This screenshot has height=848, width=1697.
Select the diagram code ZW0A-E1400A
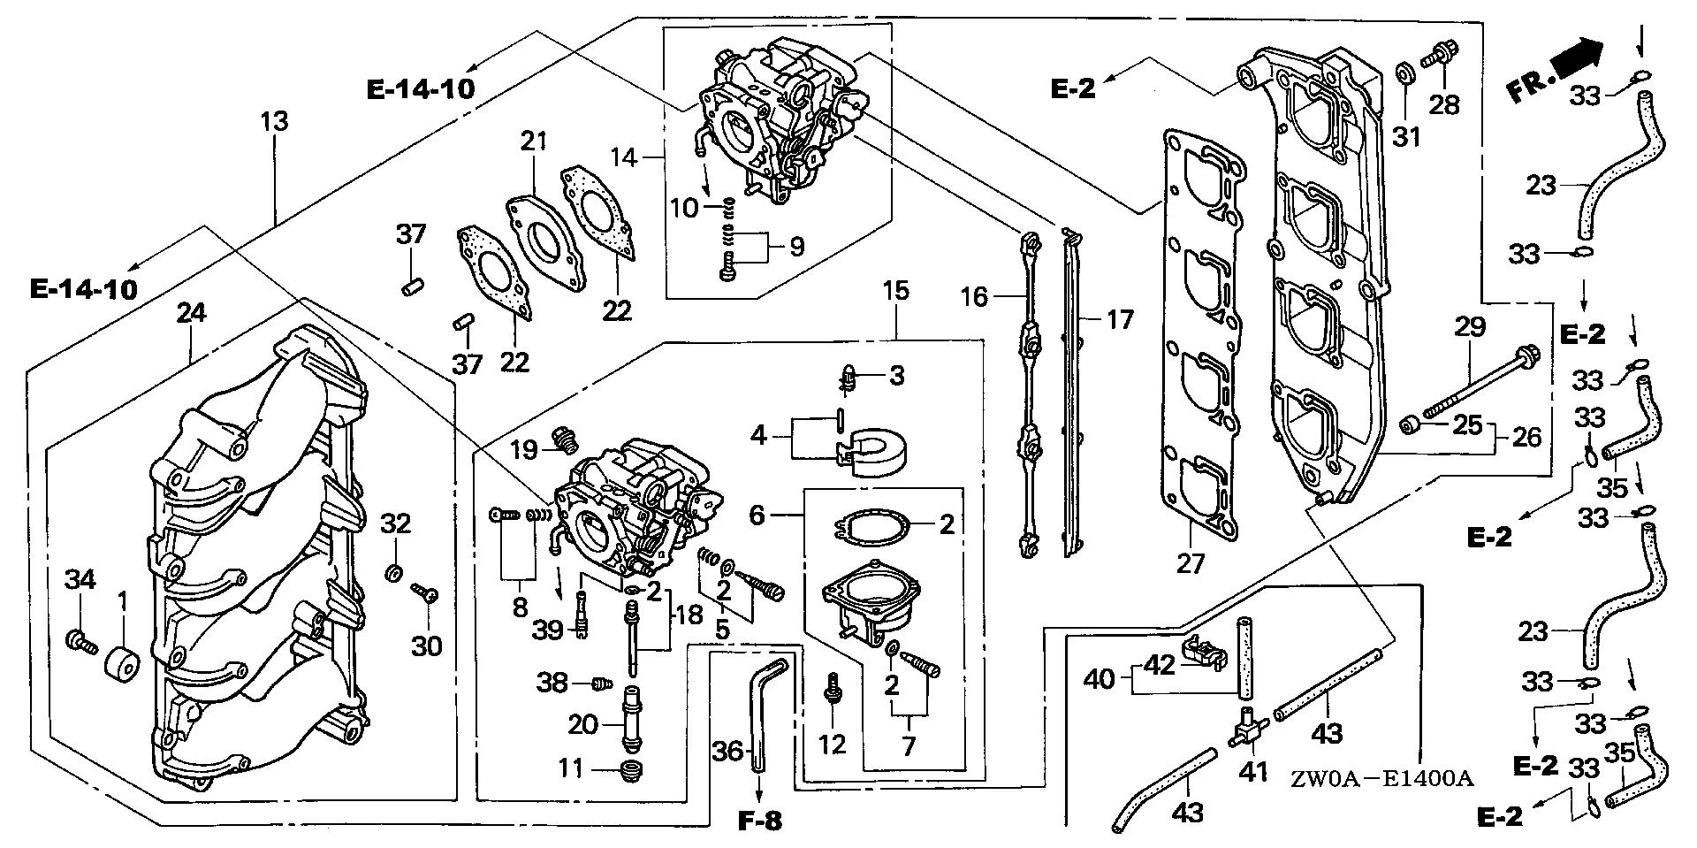point(1381,779)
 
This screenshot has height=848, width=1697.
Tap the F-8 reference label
point(759,821)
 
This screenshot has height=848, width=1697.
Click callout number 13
point(275,121)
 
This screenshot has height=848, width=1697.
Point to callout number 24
point(191,312)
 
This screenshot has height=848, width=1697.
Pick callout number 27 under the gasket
point(1191,562)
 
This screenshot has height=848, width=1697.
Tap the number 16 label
point(974,296)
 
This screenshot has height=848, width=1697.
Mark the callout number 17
point(1120,318)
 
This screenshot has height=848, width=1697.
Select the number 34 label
point(80,580)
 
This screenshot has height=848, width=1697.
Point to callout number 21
point(534,141)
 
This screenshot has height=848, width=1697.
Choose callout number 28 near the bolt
point(1445,105)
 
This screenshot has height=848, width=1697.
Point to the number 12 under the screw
point(833,744)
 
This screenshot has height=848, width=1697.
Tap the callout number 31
point(1406,137)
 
